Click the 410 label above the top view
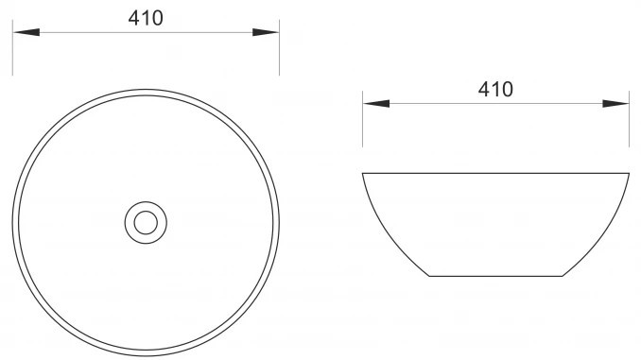tap(146, 18)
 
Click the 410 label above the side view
tap(495, 90)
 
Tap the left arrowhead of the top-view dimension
tap(26, 32)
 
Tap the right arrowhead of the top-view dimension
tap(266, 32)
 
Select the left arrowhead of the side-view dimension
tap(376, 103)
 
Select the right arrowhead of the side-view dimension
tap(615, 103)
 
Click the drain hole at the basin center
tap(146, 223)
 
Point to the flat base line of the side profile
tap(495, 276)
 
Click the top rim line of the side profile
tap(495, 173)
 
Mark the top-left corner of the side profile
tap(363, 173)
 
